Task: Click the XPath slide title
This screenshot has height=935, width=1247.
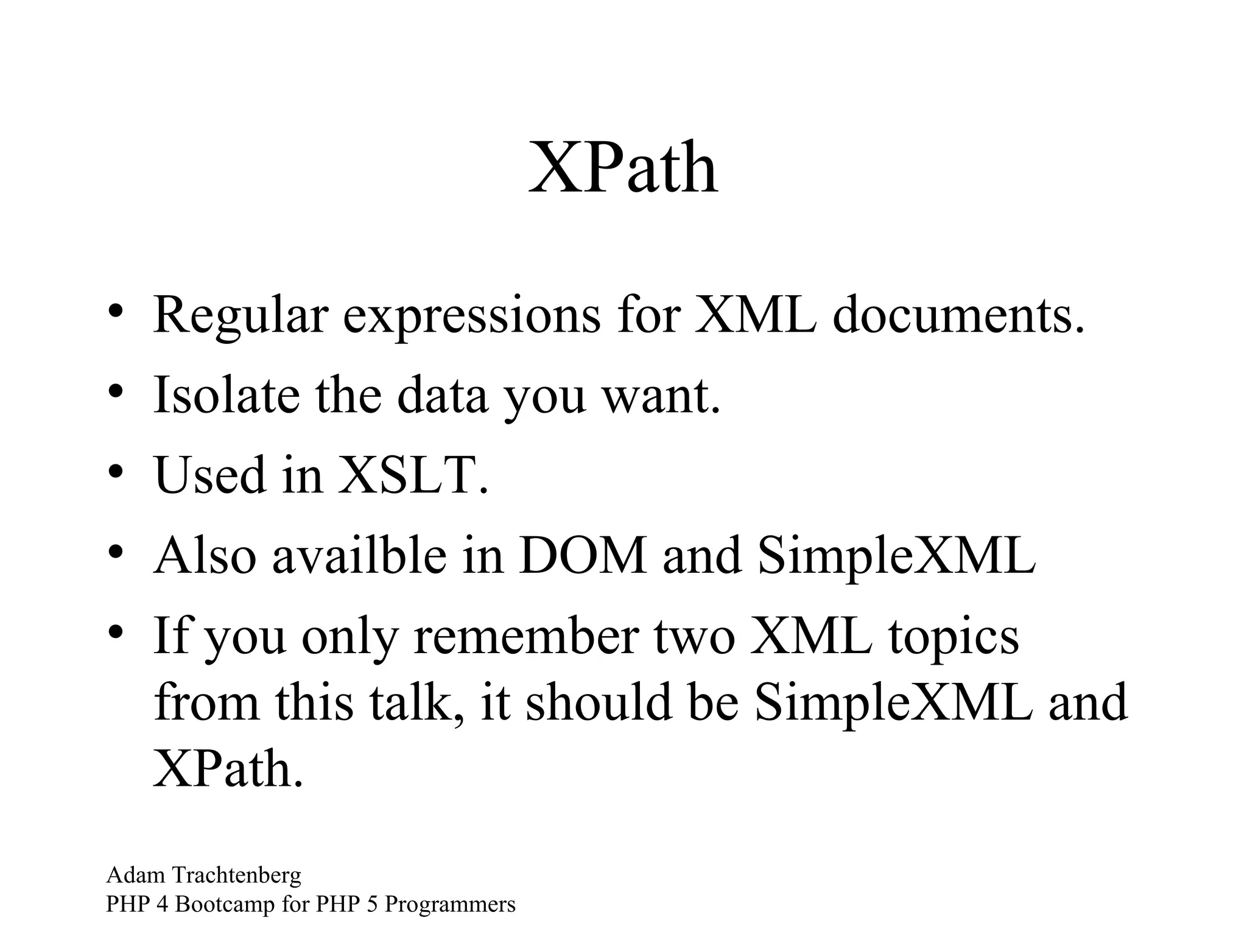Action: (x=623, y=167)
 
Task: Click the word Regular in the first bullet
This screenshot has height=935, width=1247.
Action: (x=241, y=317)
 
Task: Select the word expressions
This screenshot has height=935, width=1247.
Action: (x=471, y=317)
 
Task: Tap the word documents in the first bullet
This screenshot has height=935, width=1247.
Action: (x=957, y=317)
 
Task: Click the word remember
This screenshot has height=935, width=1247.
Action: (x=526, y=636)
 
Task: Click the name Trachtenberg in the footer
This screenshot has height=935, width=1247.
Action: (x=237, y=875)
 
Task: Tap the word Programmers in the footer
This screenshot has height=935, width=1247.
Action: (x=450, y=905)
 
